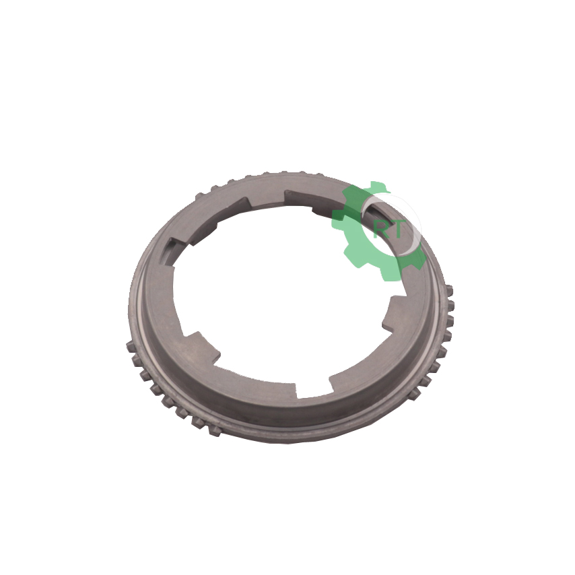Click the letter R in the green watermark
tap(380, 230)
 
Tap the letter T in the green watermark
tap(395, 230)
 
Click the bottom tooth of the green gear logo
tap(389, 274)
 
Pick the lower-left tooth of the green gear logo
tap(352, 255)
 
